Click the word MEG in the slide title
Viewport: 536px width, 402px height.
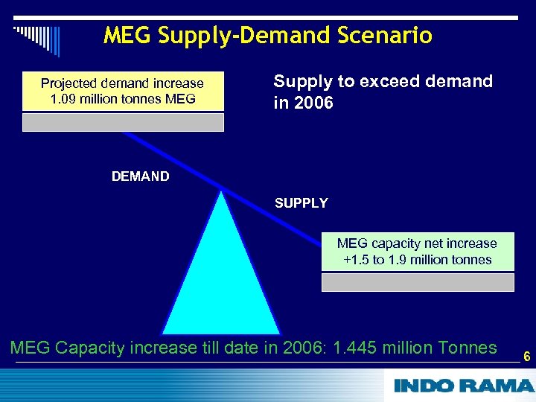124,35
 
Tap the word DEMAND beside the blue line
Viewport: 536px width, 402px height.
140,176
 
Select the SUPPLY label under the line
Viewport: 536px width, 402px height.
301,202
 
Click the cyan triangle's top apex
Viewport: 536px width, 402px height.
221,194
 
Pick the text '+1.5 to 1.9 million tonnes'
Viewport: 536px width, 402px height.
417,260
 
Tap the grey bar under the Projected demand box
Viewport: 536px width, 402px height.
123,123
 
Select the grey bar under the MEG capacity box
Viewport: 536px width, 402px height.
417,282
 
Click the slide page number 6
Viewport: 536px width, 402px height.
526,357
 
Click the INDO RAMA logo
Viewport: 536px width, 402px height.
463,386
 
